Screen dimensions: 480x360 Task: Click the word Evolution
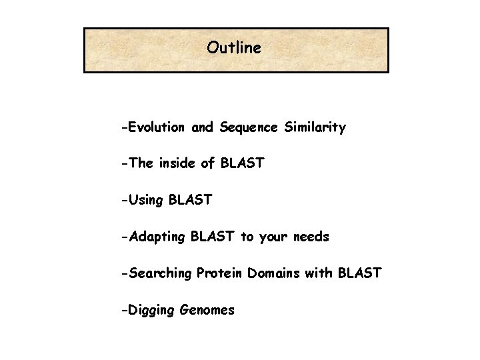click(x=158, y=127)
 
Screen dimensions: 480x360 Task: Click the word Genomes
click(x=207, y=311)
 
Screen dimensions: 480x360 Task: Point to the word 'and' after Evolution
click(x=201, y=127)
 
